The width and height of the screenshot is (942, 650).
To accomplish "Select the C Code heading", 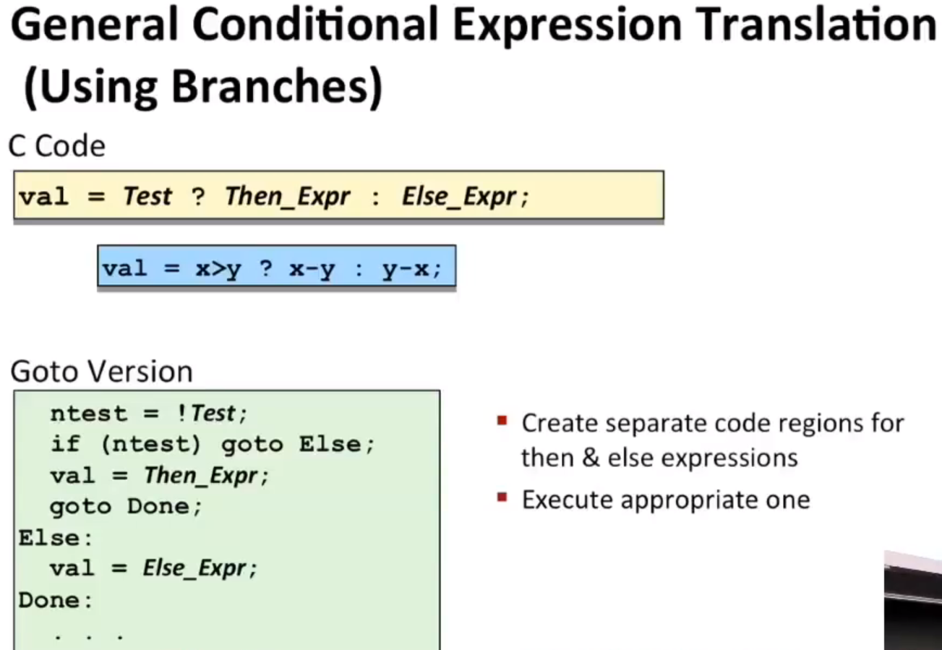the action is coord(57,146).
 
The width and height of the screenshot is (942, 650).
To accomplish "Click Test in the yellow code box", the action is coord(147,196).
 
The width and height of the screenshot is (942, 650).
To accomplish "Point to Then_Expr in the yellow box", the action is coord(288,197).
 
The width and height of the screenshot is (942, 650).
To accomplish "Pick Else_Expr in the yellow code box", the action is coord(459,197).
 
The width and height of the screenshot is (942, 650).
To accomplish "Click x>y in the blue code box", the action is coord(218,269).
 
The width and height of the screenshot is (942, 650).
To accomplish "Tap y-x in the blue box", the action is coord(406,269).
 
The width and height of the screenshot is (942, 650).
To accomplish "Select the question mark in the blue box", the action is coord(266,268).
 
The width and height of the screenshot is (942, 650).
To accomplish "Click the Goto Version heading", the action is coord(102,371).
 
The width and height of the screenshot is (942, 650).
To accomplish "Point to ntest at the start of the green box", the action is coord(88,414).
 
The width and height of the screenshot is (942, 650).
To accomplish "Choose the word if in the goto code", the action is coord(65,443).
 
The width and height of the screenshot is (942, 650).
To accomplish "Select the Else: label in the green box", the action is coord(55,538).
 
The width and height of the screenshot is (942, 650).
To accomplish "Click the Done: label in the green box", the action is coord(55,600).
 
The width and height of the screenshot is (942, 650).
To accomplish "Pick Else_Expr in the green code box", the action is coord(194,568).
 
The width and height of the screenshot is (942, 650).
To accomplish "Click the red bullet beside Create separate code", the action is coord(502,420).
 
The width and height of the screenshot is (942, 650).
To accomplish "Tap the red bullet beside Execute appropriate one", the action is coord(502,497).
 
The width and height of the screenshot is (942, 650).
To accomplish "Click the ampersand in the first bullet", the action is coord(591,458).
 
